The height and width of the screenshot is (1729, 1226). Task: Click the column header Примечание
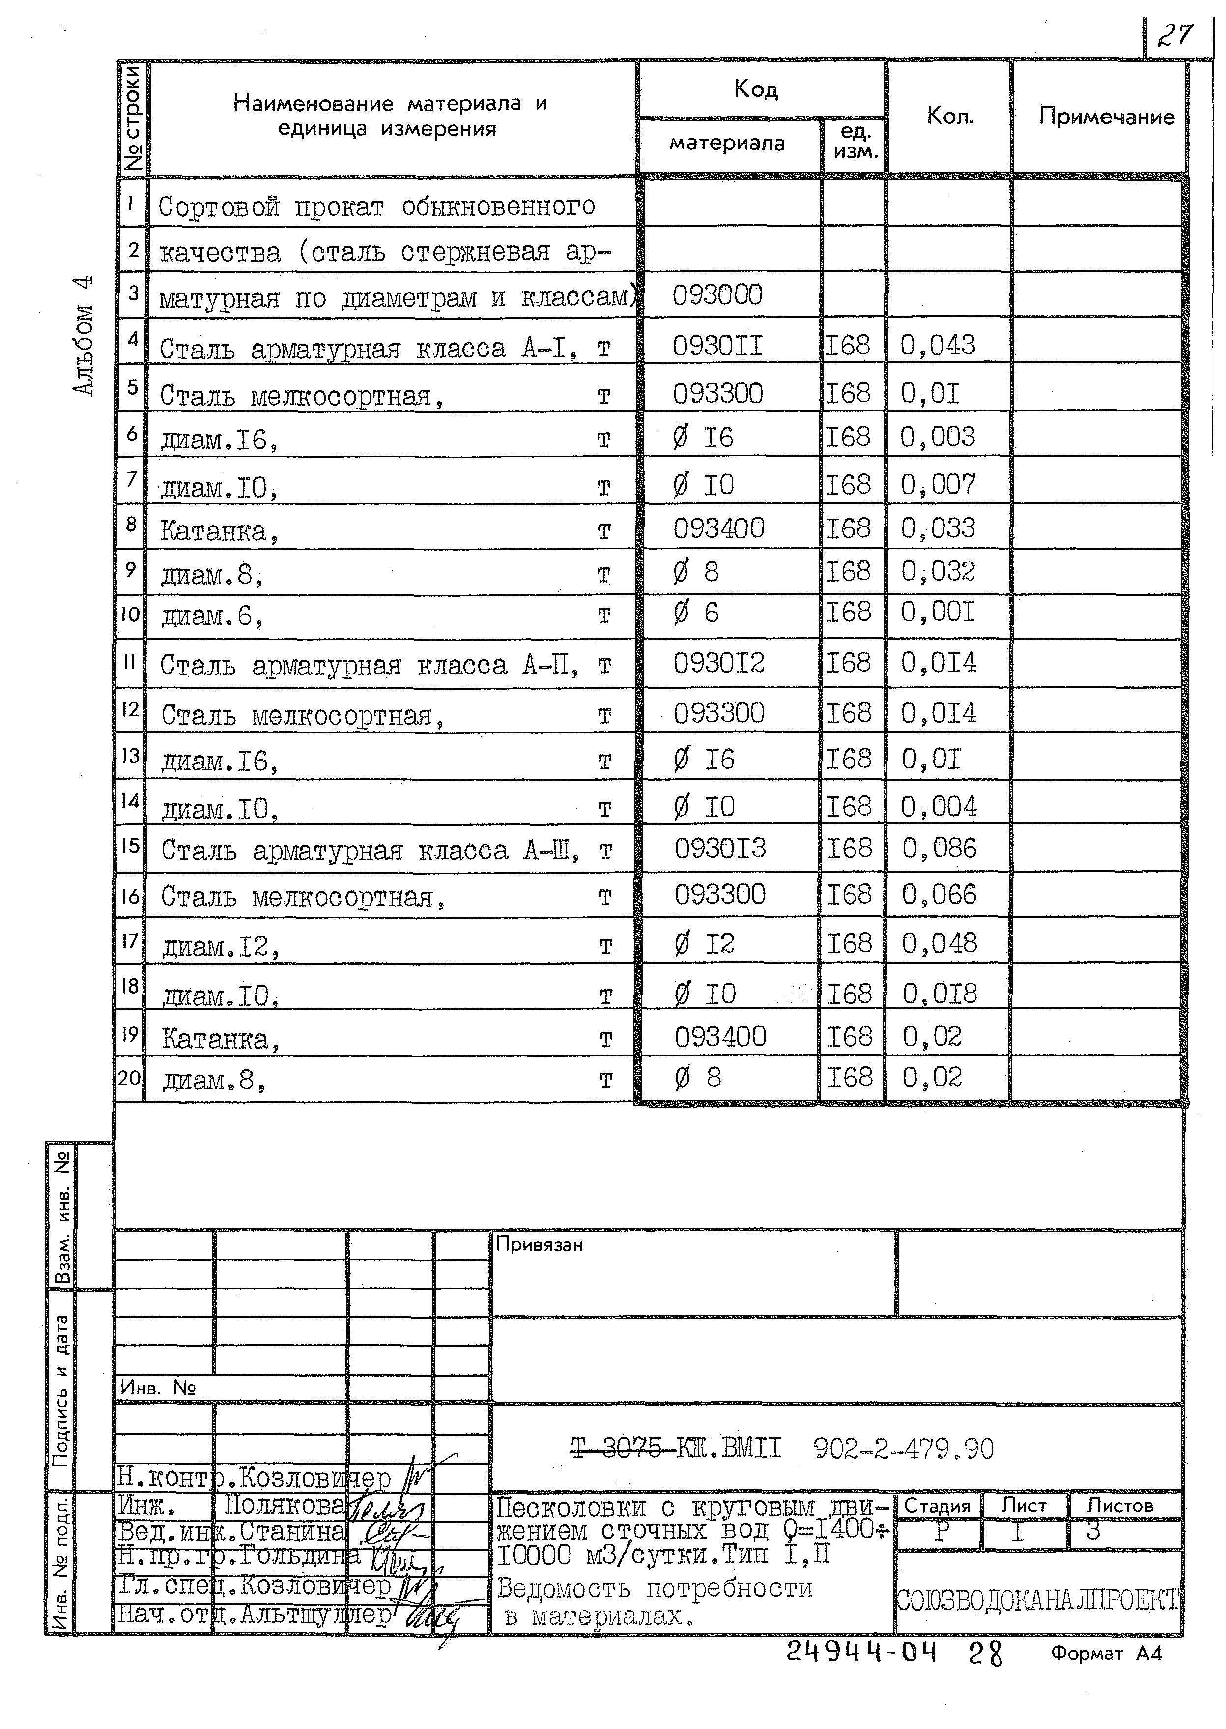[x=1106, y=117]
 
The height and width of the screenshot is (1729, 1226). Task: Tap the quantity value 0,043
[x=938, y=345]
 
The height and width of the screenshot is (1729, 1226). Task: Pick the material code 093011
[x=717, y=346]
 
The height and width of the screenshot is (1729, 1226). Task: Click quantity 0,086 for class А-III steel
[x=939, y=848]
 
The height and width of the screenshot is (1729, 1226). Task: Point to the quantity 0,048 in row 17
[x=939, y=943]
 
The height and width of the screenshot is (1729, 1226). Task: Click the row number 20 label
[x=129, y=1078]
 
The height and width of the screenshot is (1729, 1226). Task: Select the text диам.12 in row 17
[x=221, y=946]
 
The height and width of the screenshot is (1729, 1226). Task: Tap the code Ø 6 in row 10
[x=696, y=613]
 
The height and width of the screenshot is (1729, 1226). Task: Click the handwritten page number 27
[x=1175, y=35]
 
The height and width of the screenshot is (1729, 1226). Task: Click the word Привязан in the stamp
[x=539, y=1244]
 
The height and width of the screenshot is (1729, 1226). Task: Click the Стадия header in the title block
[x=937, y=1505]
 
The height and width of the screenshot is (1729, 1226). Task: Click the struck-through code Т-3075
[x=618, y=1449]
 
